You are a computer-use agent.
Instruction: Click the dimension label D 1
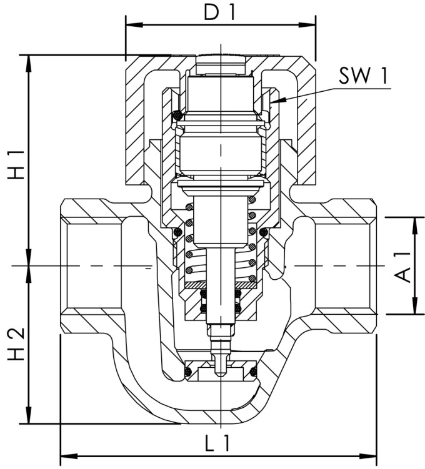point(218,12)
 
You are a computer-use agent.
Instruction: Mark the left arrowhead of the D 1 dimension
point(131,26)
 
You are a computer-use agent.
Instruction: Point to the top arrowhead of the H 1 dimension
point(29,60)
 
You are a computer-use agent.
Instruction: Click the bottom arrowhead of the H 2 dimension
point(29,418)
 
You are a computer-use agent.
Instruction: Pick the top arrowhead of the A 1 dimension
point(414,222)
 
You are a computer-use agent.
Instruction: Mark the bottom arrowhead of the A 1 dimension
point(414,310)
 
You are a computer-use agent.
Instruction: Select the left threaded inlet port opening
point(91,265)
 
